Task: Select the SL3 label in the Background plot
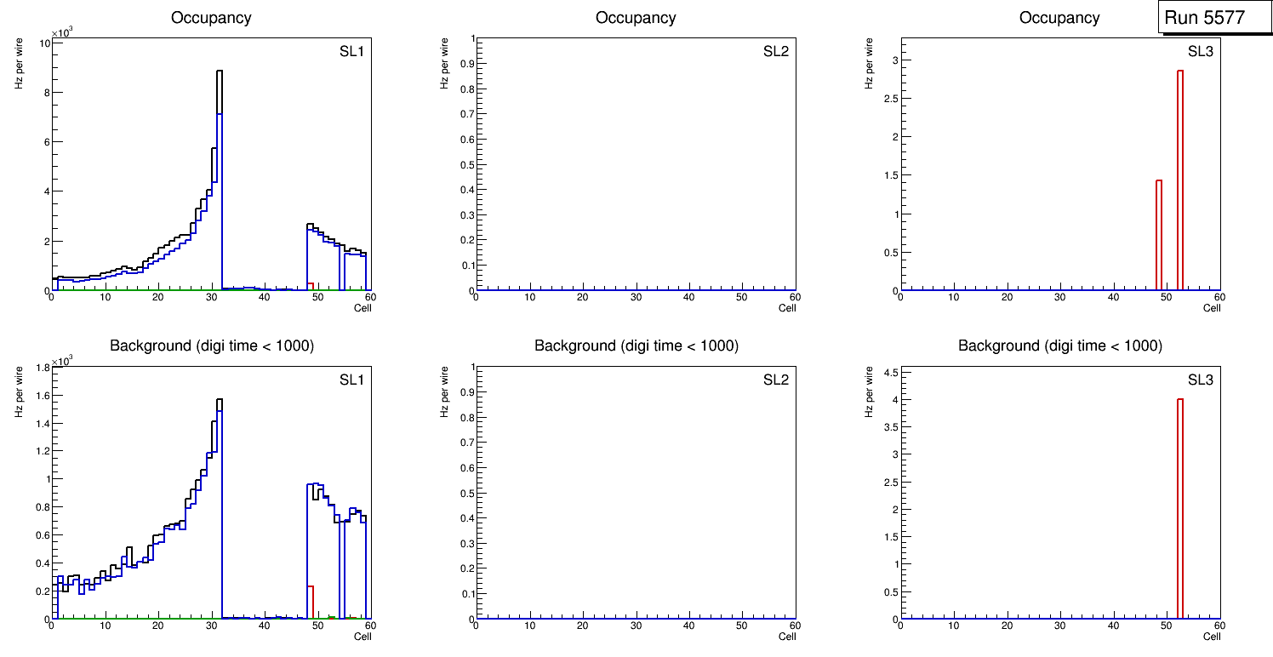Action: (1200, 380)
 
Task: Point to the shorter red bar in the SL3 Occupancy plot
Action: (1159, 234)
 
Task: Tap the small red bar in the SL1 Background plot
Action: (311, 600)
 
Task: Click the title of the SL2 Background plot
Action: (636, 346)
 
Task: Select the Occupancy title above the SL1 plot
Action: (212, 18)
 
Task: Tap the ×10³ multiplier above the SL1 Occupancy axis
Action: (62, 33)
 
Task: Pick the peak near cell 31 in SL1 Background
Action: (219, 400)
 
